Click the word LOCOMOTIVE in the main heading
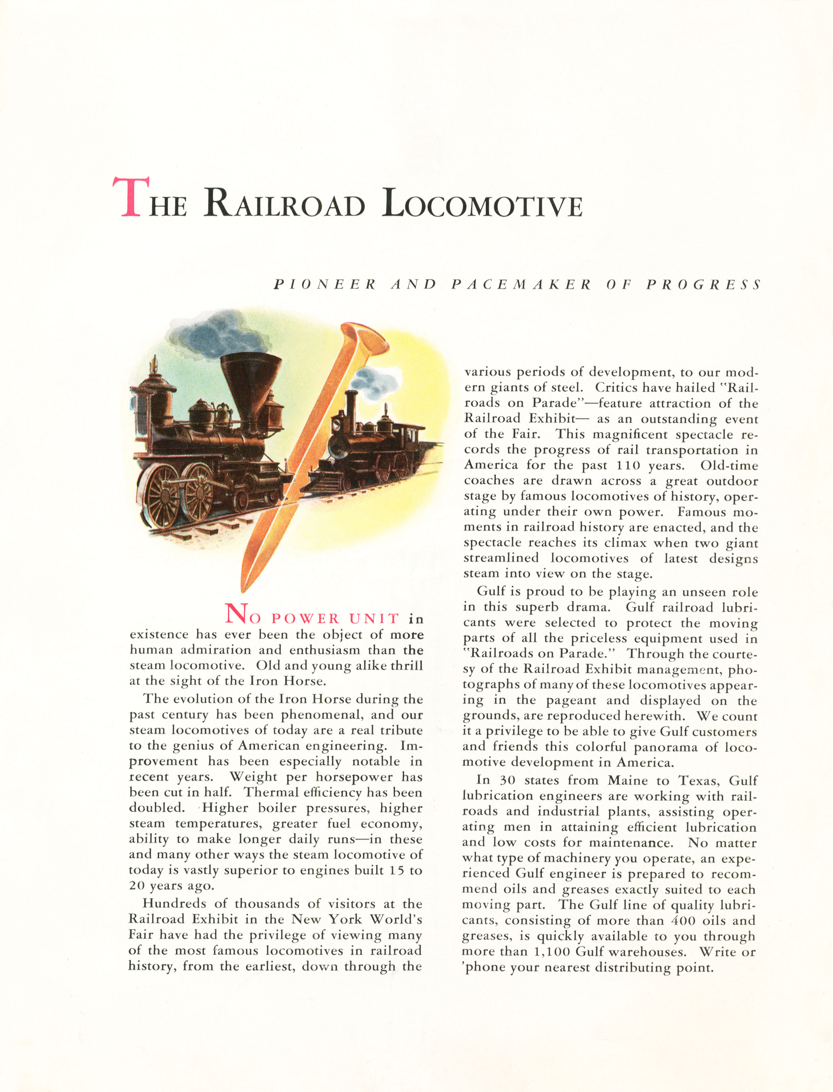pyautogui.click(x=482, y=203)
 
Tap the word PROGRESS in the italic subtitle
pyautogui.click(x=703, y=285)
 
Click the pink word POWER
pyautogui.click(x=305, y=618)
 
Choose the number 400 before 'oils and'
pyautogui.click(x=683, y=920)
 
